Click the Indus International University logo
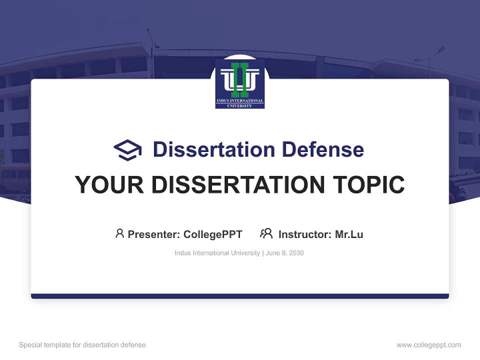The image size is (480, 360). [x=240, y=83]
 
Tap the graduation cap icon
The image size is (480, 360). [x=127, y=149]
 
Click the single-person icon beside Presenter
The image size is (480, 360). [x=119, y=233]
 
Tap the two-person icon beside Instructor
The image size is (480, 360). [x=266, y=233]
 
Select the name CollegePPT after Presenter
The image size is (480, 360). [x=212, y=234]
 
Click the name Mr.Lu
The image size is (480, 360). [x=349, y=234]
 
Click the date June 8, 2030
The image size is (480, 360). [x=285, y=253]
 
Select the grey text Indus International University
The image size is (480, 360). [x=217, y=253]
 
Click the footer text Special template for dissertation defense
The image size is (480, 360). [x=82, y=345]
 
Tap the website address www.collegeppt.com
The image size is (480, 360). [x=428, y=345]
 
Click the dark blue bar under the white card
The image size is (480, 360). [x=240, y=296]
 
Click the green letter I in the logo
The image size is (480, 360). [x=240, y=79]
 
